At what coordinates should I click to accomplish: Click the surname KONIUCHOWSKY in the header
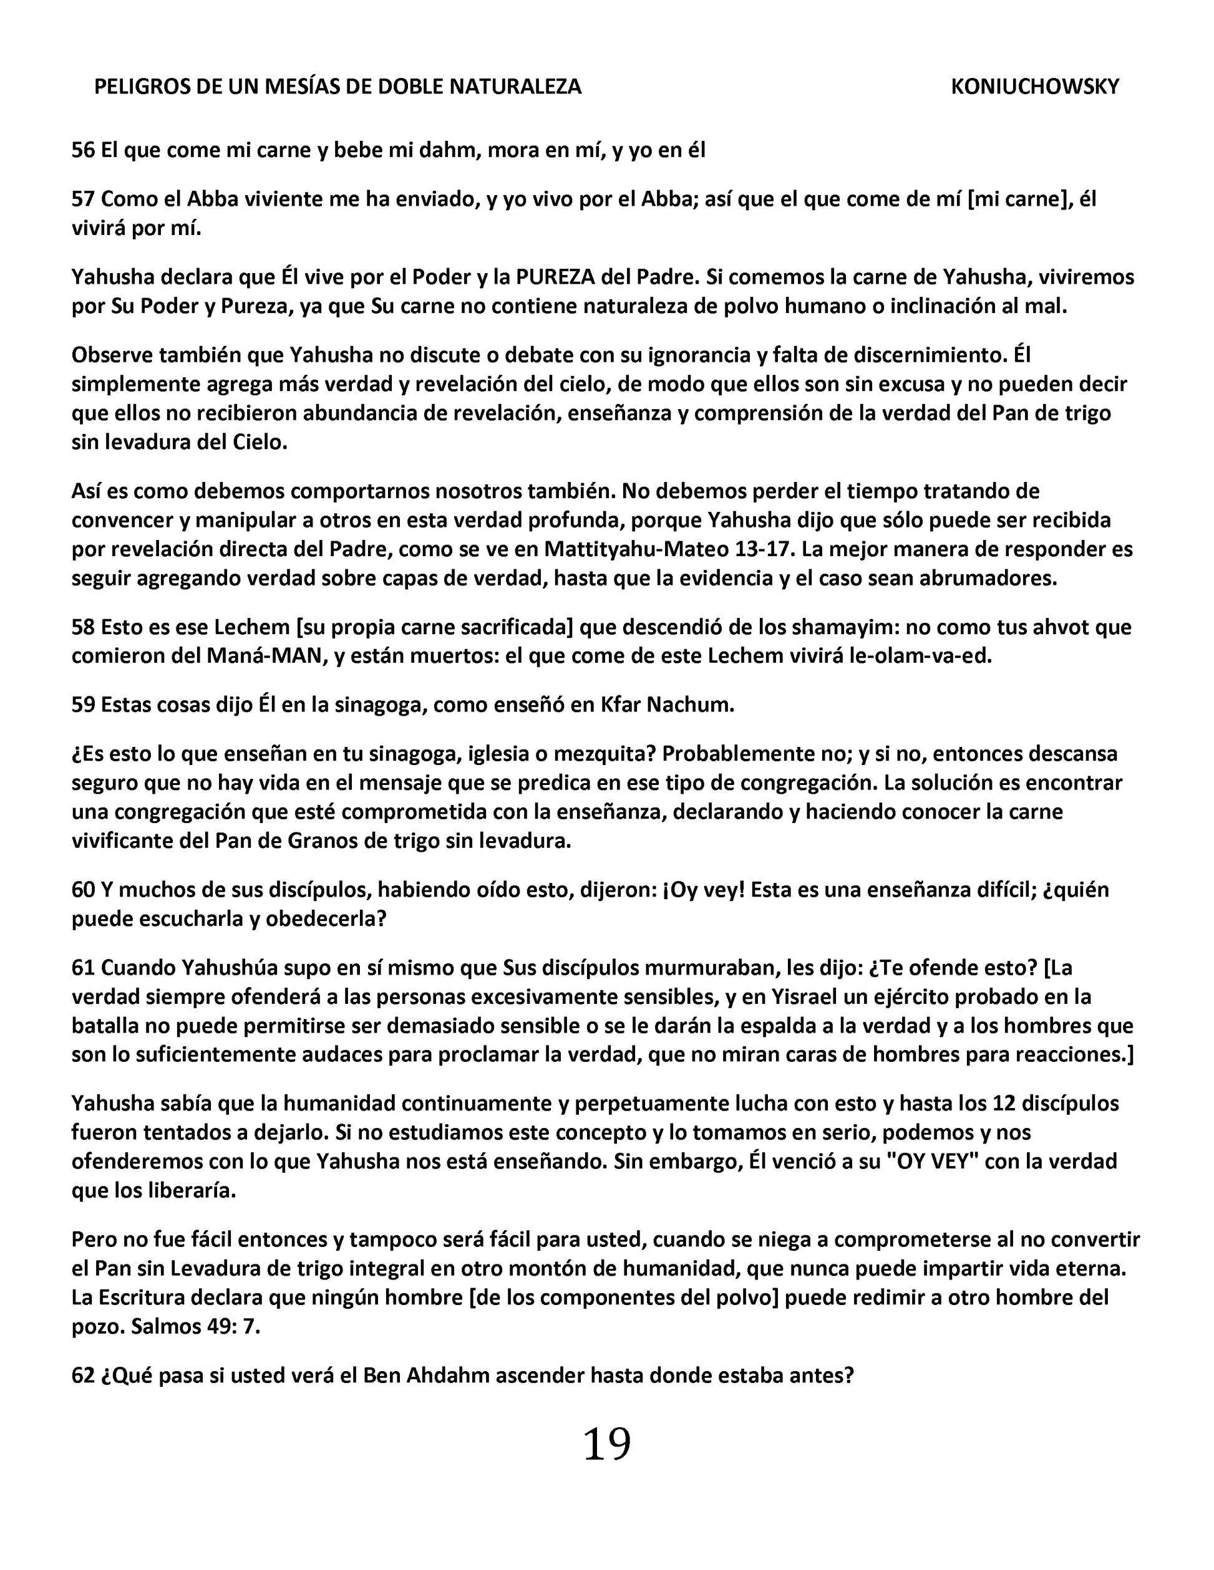[x=1034, y=87]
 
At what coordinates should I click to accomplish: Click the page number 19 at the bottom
[x=606, y=1443]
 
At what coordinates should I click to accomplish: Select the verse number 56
[x=83, y=150]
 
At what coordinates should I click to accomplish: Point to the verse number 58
[x=83, y=628]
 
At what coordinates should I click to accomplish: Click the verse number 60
[x=83, y=890]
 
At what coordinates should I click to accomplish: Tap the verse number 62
[x=83, y=1375]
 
